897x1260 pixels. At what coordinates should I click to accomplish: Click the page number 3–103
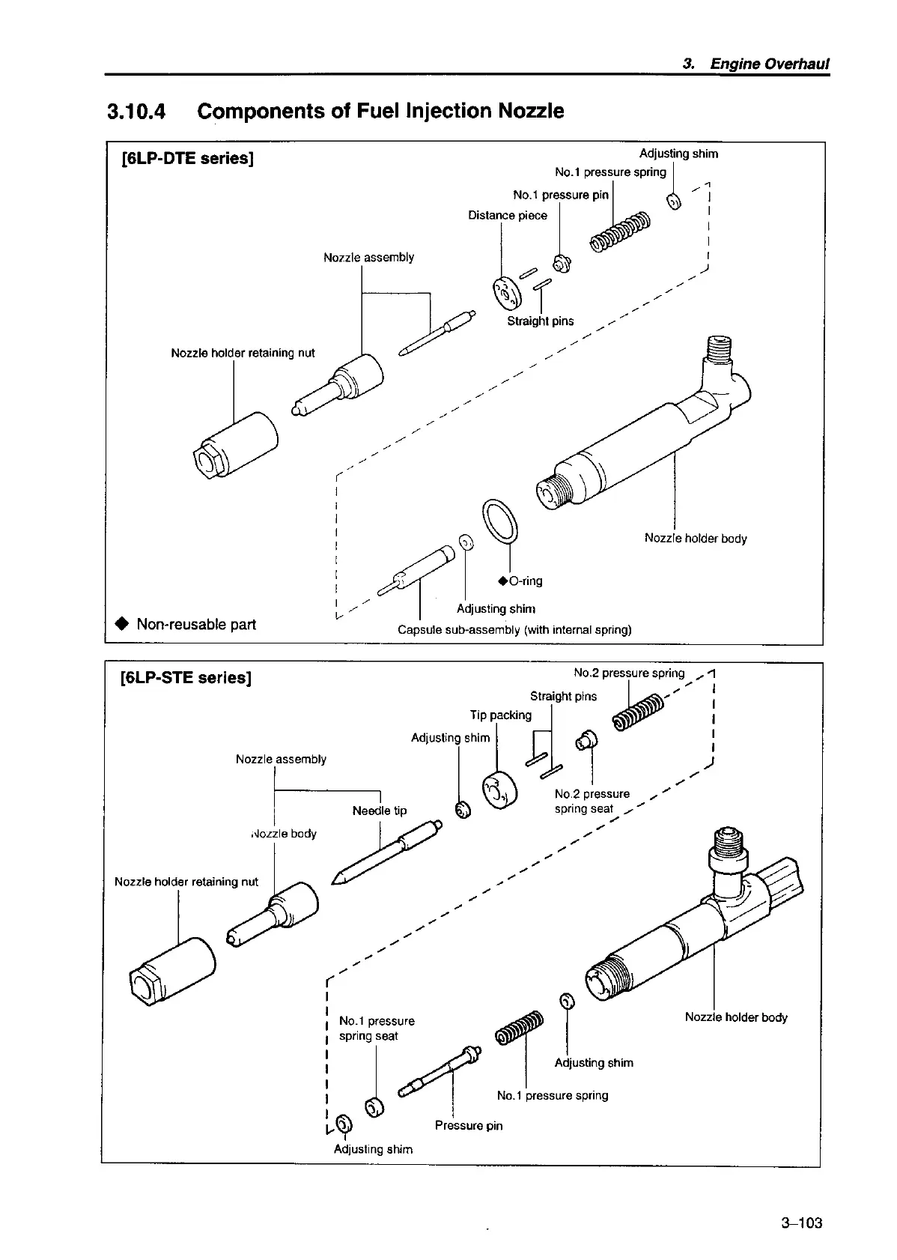pos(801,1223)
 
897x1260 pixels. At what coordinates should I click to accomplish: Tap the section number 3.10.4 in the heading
pos(137,112)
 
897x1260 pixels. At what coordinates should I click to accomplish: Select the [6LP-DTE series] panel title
pos(187,159)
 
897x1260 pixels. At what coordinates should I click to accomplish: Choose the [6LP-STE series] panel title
pos(186,678)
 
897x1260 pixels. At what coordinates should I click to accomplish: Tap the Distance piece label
pos(508,216)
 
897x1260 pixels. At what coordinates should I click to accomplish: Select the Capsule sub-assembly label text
pos(514,630)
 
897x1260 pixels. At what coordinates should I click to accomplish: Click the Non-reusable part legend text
pos(195,624)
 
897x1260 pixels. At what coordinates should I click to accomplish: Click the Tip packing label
pos(501,715)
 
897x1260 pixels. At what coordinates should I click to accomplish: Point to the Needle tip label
pos(380,811)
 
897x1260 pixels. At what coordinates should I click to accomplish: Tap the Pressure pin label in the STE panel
pos(469,1125)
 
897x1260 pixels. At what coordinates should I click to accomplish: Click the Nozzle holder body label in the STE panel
pos(736,1017)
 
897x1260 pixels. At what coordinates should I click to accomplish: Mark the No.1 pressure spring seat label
pos(377,1029)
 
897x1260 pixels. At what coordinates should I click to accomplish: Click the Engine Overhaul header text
pos(770,64)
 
